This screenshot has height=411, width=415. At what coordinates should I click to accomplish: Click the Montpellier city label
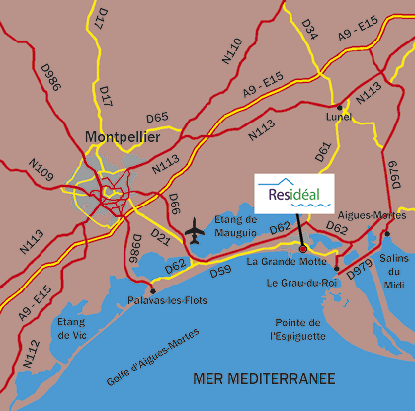pos(123,137)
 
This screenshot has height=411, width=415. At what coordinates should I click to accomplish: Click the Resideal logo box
pos(293,187)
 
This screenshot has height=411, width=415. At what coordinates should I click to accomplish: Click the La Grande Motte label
pos(283,262)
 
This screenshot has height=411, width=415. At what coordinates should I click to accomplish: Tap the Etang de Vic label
pos(71,329)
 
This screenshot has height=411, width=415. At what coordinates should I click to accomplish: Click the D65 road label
pos(157,117)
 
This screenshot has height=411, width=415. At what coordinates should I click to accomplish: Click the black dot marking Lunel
pos(339,106)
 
